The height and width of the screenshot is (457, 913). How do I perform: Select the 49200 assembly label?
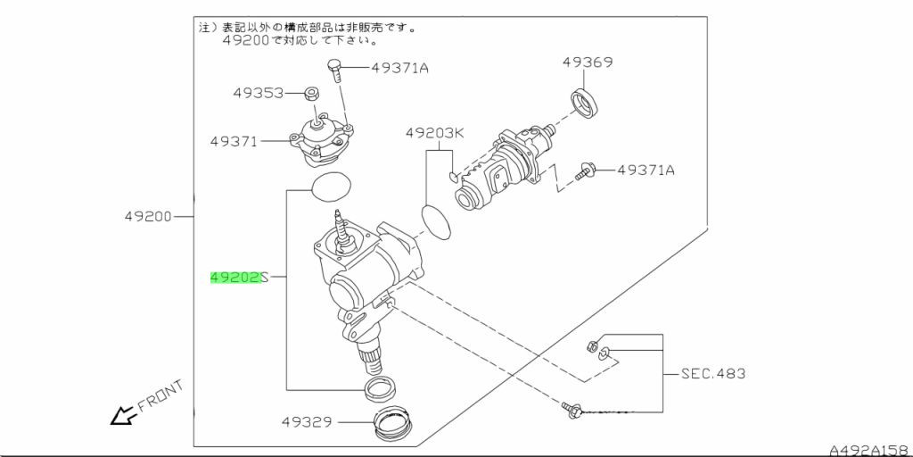148,216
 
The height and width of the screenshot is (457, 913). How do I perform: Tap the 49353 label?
259,92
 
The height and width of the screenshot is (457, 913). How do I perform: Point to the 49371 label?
234,141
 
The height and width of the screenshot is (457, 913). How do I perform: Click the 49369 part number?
587,62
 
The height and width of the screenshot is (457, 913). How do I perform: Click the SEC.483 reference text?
713,373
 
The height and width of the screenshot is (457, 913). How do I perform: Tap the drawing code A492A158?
868,450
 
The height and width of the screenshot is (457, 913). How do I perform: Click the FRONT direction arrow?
119,415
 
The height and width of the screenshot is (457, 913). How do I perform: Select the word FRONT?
160,397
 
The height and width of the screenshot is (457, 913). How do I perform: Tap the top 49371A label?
399,67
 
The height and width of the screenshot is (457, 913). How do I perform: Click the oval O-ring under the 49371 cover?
331,187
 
